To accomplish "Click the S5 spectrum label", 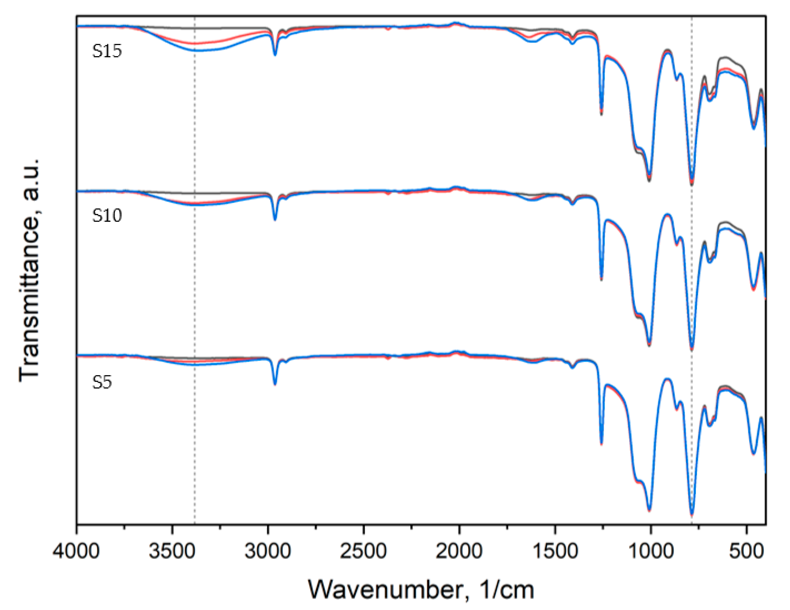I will pyautogui.click(x=102, y=382).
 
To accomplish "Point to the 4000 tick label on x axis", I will pyautogui.click(x=76, y=551).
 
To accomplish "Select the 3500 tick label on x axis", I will pyautogui.click(x=172, y=551).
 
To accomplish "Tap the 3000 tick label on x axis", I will pyautogui.click(x=268, y=551).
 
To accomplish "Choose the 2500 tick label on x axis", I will pyautogui.click(x=363, y=551).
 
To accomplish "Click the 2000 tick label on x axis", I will pyautogui.click(x=459, y=551).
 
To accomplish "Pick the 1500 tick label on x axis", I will pyautogui.click(x=555, y=551).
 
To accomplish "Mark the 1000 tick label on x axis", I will pyautogui.click(x=650, y=551).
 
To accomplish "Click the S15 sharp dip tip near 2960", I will pyautogui.click(x=275, y=55).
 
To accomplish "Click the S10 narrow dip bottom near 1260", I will pyautogui.click(x=601, y=279).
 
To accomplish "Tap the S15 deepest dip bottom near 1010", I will pyautogui.click(x=649, y=180).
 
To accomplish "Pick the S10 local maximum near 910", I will pyautogui.click(x=667, y=215).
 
